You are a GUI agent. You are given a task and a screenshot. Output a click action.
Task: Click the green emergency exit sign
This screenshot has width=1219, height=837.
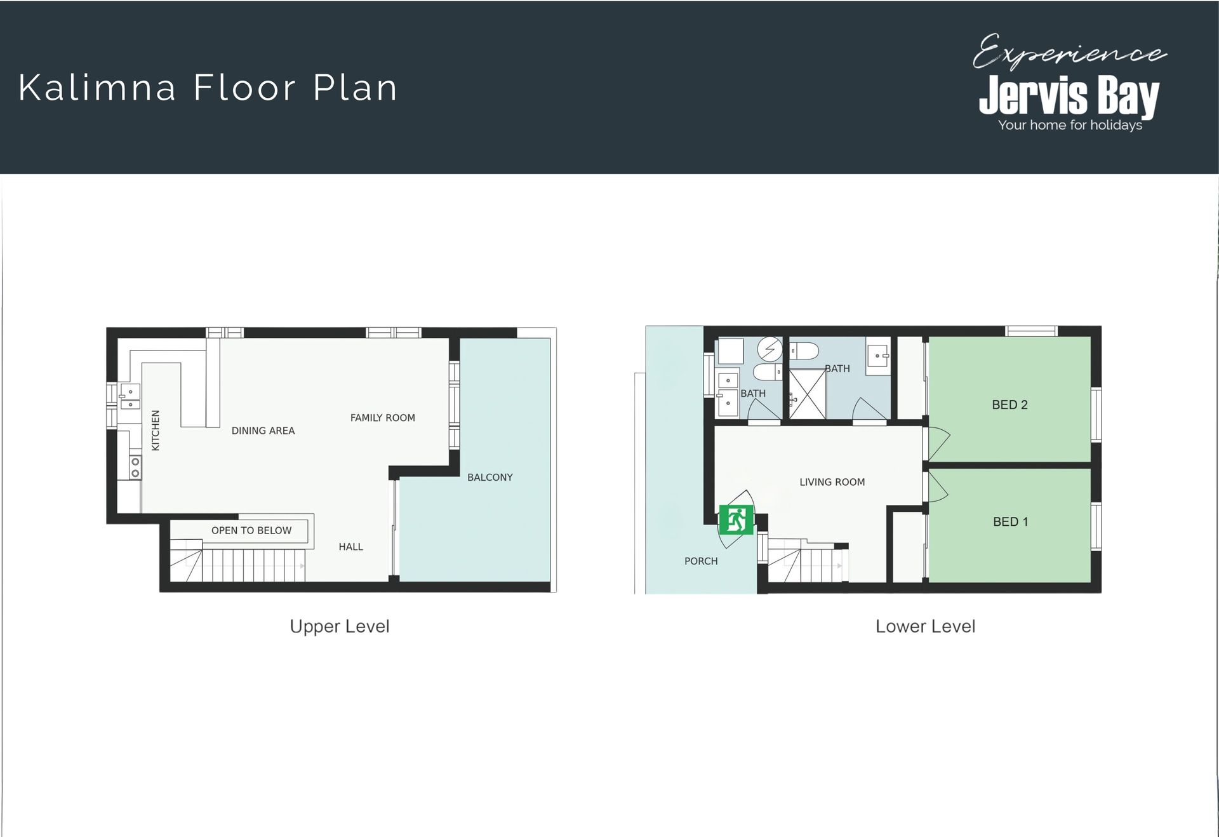tap(736, 520)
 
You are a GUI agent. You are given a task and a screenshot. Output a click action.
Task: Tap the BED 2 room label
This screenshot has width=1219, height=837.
tap(1009, 405)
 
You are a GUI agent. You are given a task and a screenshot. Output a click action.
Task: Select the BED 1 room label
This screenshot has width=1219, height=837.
tap(1010, 521)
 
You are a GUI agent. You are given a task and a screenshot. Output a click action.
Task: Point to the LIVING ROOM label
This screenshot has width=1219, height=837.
tap(832, 482)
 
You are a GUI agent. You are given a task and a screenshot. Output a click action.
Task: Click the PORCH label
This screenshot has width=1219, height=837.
tap(701, 561)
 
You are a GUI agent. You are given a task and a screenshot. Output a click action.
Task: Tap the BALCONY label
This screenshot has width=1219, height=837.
tap(490, 477)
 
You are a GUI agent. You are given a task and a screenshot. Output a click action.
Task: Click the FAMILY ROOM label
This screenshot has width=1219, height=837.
tap(382, 417)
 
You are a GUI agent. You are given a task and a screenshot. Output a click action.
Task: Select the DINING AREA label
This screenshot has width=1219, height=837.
tap(263, 431)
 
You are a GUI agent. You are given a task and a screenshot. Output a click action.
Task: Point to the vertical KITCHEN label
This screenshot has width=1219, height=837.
tap(156, 430)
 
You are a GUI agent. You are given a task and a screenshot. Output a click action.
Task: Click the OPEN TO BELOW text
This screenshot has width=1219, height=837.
tap(251, 530)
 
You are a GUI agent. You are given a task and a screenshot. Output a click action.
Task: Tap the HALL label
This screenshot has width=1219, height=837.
tap(350, 546)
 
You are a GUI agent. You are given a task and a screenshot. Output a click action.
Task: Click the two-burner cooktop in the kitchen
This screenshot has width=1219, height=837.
tap(135, 467)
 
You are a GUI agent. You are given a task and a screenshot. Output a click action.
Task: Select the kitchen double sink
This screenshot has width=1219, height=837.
tap(130, 397)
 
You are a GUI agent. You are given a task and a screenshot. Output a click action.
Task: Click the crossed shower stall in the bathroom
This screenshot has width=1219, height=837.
tap(808, 394)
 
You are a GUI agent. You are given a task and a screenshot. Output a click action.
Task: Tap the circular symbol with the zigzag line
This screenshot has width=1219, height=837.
tap(770, 349)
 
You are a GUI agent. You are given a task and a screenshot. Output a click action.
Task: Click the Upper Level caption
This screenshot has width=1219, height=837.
tap(340, 626)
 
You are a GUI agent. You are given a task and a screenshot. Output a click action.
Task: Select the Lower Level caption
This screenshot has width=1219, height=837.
tap(925, 626)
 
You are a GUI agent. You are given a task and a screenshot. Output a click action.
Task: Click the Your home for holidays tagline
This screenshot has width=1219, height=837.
tap(1070, 125)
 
